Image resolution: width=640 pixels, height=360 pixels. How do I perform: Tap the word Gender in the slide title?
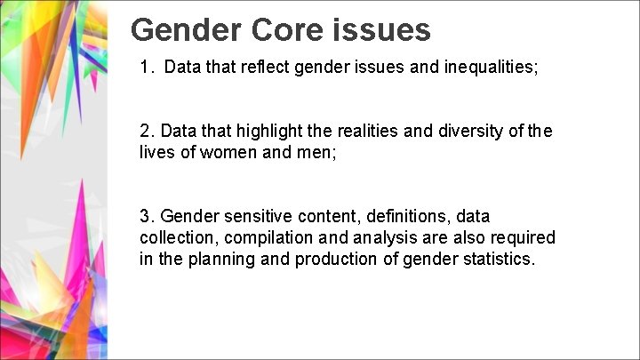pos(184,30)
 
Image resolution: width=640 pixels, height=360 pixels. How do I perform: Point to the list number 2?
pos(146,132)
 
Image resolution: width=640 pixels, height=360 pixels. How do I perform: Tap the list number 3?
pos(146,217)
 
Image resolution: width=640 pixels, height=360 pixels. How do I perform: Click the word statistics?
pos(498,260)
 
